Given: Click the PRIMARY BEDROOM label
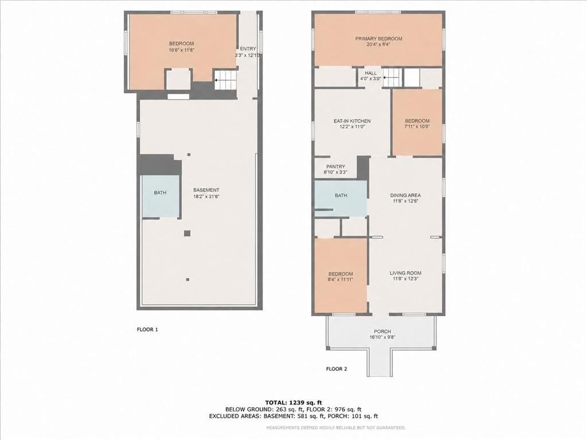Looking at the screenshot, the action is [378, 38].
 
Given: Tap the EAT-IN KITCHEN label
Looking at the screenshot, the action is [352, 121].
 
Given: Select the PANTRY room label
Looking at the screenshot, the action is [335, 167].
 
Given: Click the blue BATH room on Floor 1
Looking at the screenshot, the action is [161, 196].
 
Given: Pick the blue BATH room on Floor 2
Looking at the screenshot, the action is [341, 199].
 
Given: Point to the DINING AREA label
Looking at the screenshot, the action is [405, 195].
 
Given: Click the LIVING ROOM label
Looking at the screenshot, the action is [405, 273].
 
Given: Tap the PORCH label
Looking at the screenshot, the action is [382, 332].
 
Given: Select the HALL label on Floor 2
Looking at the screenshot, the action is [371, 73].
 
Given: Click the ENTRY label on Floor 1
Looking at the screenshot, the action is [248, 49].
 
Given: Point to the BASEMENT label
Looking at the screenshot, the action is [206, 190].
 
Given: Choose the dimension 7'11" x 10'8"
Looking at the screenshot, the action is [417, 127].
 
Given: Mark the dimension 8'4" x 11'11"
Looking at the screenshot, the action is [341, 279].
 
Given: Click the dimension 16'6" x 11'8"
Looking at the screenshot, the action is [181, 49].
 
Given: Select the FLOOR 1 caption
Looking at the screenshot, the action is [147, 329].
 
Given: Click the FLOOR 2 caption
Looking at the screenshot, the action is [336, 369].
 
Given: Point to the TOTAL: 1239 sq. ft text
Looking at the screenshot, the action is [293, 403].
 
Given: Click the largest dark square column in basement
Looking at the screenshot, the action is [187, 234].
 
